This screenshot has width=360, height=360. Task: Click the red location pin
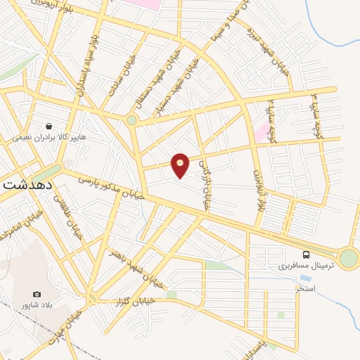tap(181, 165)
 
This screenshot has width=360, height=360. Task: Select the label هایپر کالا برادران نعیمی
tap(50, 138)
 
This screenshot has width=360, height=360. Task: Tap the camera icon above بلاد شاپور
tap(37, 294)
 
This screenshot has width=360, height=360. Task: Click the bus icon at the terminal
tap(307, 255)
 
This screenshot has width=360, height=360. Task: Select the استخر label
tap(305, 288)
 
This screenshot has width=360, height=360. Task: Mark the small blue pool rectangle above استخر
tap(305, 278)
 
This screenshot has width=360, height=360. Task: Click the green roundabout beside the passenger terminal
tap(348, 258)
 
